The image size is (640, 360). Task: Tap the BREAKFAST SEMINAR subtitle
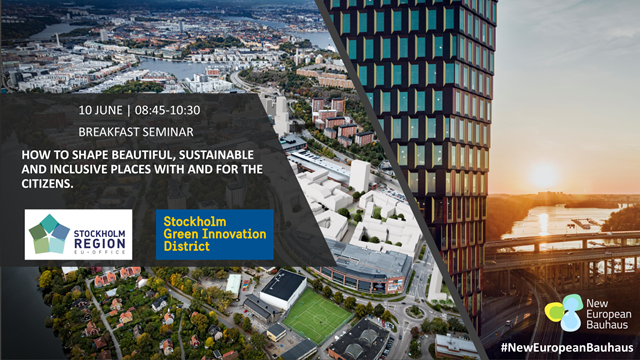(x=137, y=131)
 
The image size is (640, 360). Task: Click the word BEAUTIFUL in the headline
(x=139, y=155)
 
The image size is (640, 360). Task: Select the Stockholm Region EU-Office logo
(x=79, y=234)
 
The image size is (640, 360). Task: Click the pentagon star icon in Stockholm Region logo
(x=49, y=234)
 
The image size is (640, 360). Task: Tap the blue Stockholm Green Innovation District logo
(x=214, y=234)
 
